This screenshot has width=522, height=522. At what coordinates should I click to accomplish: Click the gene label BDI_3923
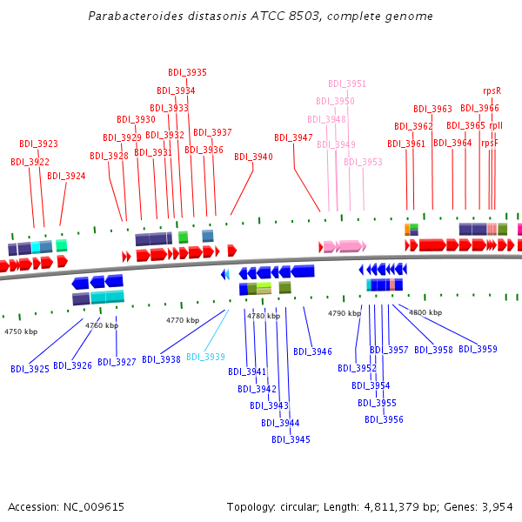click(38, 144)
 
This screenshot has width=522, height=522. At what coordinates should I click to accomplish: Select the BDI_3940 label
click(253, 157)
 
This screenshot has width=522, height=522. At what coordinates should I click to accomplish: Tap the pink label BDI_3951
click(347, 84)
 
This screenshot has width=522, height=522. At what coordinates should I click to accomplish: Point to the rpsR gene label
click(492, 90)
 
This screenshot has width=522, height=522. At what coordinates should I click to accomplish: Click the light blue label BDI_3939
click(205, 358)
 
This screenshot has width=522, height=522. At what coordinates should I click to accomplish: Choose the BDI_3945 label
click(291, 440)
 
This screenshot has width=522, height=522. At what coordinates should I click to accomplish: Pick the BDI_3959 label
click(478, 350)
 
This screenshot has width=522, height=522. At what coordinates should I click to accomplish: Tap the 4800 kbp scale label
click(425, 312)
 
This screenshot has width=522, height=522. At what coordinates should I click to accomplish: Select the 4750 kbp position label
click(21, 331)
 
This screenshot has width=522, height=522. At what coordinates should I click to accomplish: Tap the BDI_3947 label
click(293, 138)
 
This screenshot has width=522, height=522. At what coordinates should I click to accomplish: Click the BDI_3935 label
click(187, 73)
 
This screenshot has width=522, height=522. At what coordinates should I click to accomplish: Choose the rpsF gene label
click(490, 144)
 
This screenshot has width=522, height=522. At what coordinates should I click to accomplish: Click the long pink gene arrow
click(350, 246)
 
